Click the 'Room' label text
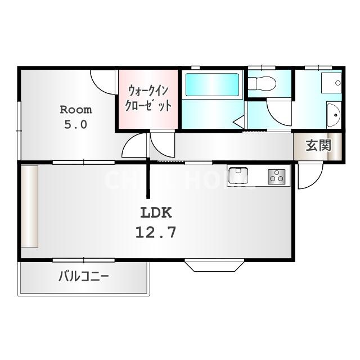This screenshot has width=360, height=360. (75, 109)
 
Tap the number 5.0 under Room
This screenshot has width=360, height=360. (75, 124)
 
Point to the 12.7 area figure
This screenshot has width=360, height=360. (155, 231)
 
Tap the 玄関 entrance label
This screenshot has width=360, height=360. (317, 146)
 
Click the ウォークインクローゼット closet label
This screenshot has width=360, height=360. (148, 98)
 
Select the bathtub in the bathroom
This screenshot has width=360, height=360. (213, 85)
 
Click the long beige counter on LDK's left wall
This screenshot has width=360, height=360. (29, 206)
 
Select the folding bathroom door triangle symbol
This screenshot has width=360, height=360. (238, 120)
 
